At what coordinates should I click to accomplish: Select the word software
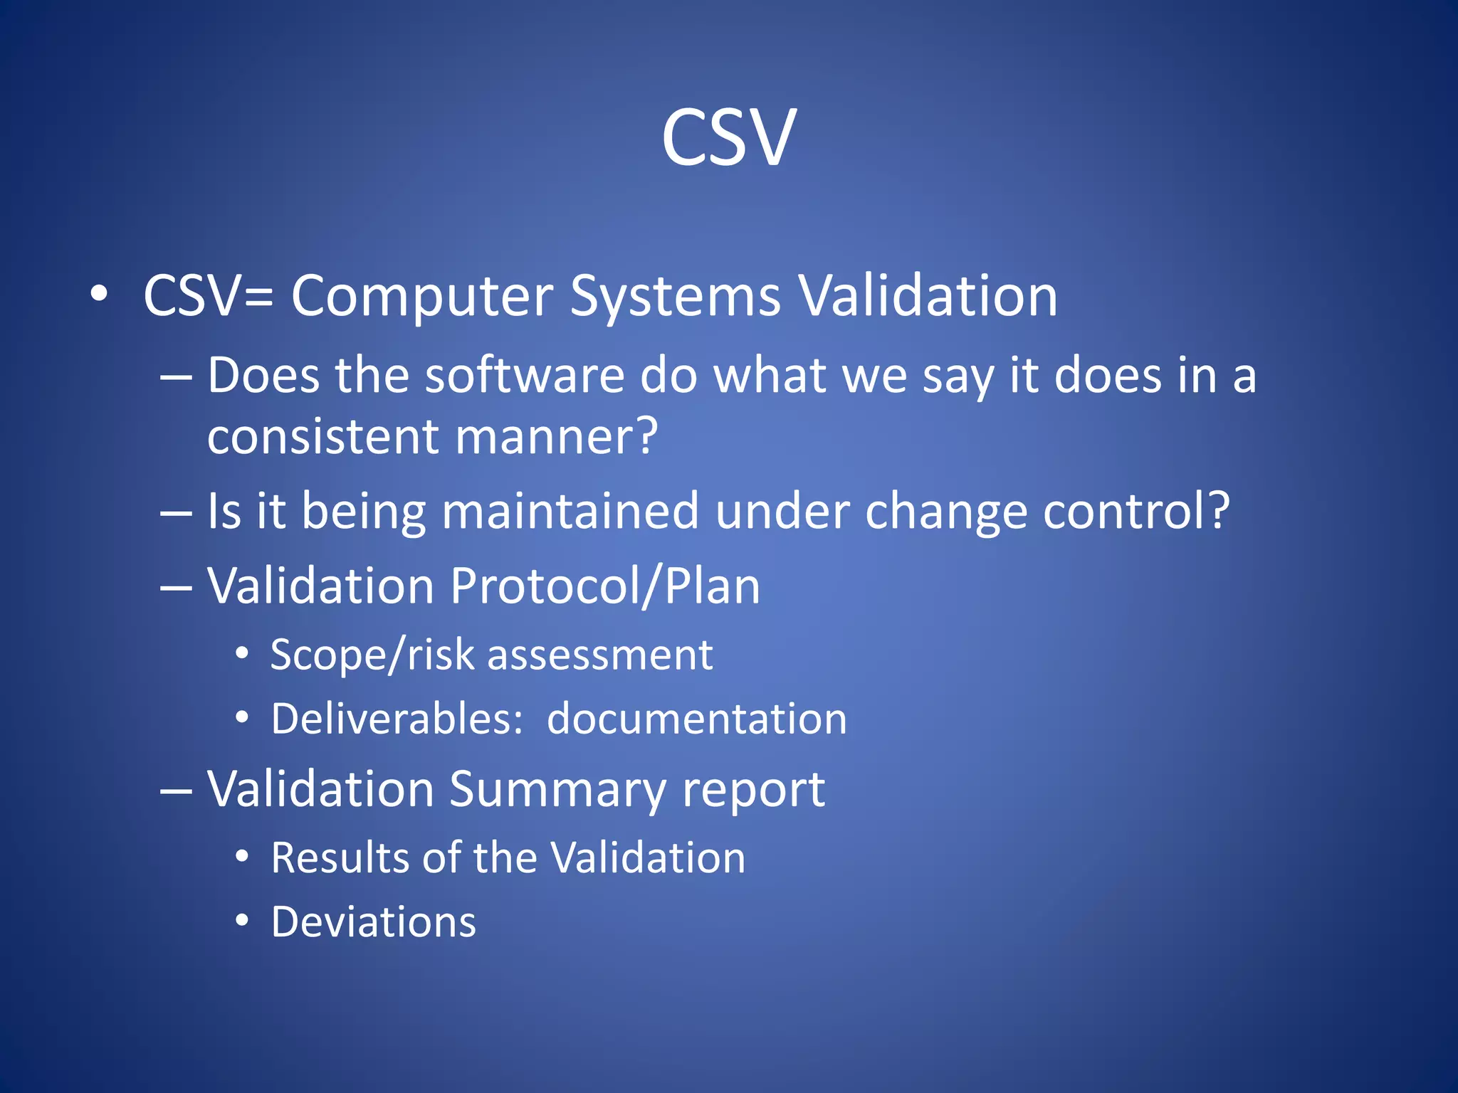(524, 376)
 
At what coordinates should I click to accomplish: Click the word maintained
(570, 512)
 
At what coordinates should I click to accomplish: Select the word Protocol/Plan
(604, 587)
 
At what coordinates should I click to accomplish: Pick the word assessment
(600, 655)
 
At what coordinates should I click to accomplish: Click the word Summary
(557, 790)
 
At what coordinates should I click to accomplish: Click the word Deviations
(373, 922)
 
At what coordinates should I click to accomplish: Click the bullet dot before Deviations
(242, 921)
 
